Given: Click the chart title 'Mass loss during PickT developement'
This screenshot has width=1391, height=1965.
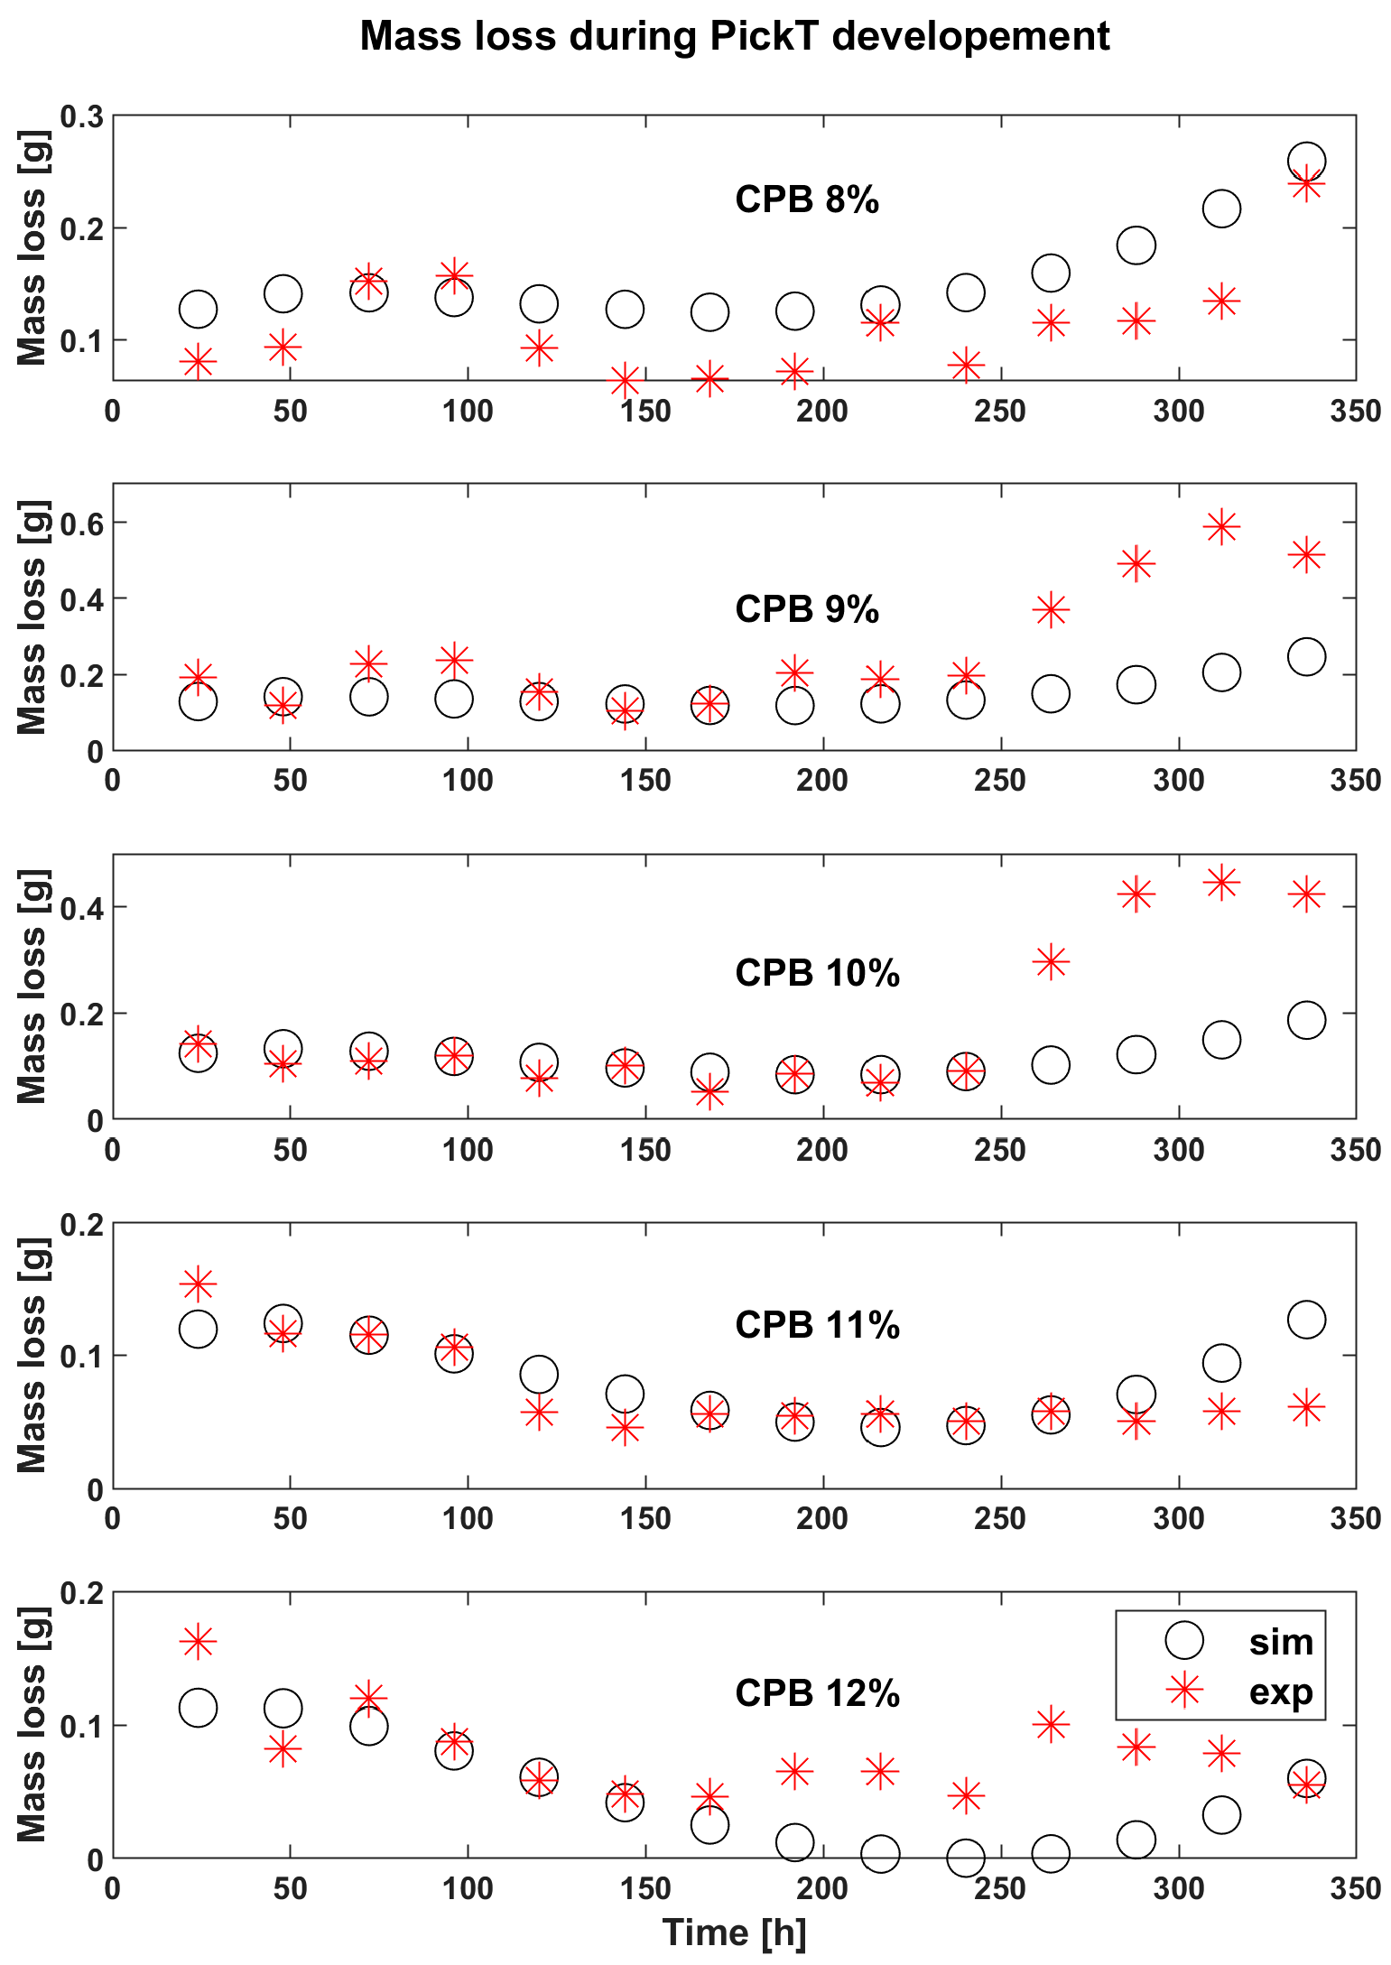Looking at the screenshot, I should (x=734, y=37).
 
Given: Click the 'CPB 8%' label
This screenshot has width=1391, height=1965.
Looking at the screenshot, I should (x=806, y=199).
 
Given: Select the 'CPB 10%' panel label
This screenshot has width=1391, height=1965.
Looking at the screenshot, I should (x=817, y=973).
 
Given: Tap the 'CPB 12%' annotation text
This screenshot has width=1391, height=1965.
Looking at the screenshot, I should (x=817, y=1693).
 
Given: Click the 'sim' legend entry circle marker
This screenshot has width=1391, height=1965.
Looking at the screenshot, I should (x=1184, y=1640).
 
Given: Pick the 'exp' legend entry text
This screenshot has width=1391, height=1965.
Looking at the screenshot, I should (x=1280, y=1691).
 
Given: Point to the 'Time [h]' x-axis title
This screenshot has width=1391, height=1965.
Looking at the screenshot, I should (x=734, y=1933).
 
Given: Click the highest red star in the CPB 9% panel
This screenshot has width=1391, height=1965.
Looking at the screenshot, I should (x=1221, y=526).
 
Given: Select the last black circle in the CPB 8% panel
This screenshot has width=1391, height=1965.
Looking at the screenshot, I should (x=1306, y=162).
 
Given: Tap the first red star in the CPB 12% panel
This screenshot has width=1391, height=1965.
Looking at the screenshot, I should (x=198, y=1641).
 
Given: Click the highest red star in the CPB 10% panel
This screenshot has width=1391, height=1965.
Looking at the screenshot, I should (x=1221, y=882).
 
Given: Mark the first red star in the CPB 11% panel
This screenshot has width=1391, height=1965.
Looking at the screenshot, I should (x=198, y=1283).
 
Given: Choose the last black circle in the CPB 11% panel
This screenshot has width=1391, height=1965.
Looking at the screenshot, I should (x=1306, y=1320).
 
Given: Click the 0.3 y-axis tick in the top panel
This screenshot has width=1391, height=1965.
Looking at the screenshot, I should (x=81, y=116).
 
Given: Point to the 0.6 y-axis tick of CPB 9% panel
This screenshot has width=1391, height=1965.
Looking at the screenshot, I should (x=81, y=523).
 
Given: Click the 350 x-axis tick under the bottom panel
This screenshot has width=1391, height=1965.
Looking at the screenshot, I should (x=1355, y=1888).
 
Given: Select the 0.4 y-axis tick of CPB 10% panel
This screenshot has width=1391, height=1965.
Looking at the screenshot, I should (x=81, y=907).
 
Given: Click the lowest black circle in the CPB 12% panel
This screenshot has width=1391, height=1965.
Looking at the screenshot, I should (x=965, y=1858).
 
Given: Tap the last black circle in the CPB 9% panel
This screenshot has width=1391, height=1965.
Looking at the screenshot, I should (x=1306, y=656).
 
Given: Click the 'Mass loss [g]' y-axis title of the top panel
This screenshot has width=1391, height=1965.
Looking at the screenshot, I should (x=32, y=248).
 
